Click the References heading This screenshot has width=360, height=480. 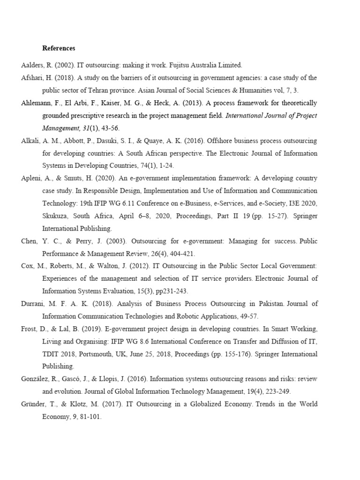[59, 48]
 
